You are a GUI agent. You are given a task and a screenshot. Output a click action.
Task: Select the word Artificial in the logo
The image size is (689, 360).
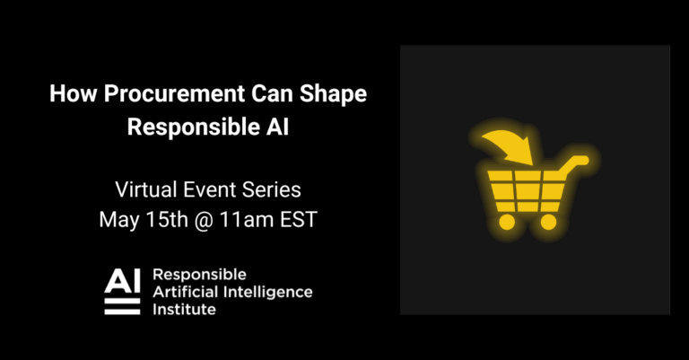coord(186,291)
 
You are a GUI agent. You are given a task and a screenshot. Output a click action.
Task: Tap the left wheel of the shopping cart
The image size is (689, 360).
coord(507,220)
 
